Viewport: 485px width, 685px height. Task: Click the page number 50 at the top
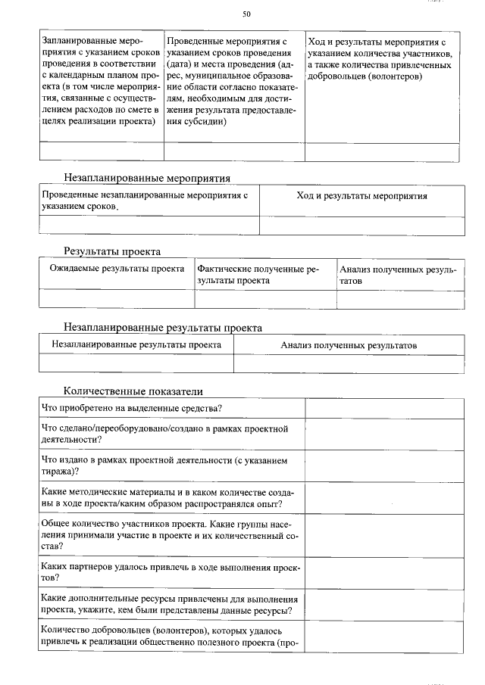[246, 14]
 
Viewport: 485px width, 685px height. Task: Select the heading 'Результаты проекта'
[112, 251]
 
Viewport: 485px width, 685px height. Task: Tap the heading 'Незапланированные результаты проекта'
[163, 328]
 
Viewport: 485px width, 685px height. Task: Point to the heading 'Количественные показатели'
[133, 391]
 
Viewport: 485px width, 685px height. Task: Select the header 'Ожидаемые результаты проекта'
[117, 269]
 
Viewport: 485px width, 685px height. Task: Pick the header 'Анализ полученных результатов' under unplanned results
[349, 345]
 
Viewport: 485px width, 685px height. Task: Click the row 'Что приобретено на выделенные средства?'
[131, 409]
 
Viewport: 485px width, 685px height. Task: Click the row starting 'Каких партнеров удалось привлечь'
[171, 572]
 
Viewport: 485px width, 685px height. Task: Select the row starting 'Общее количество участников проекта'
[171, 534]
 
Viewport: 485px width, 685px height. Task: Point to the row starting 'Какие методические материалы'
[171, 497]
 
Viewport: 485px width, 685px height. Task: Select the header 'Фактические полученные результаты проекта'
[258, 274]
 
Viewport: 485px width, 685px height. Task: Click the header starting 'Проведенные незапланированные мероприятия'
[144, 201]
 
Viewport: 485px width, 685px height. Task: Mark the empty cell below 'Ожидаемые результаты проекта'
[117, 299]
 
